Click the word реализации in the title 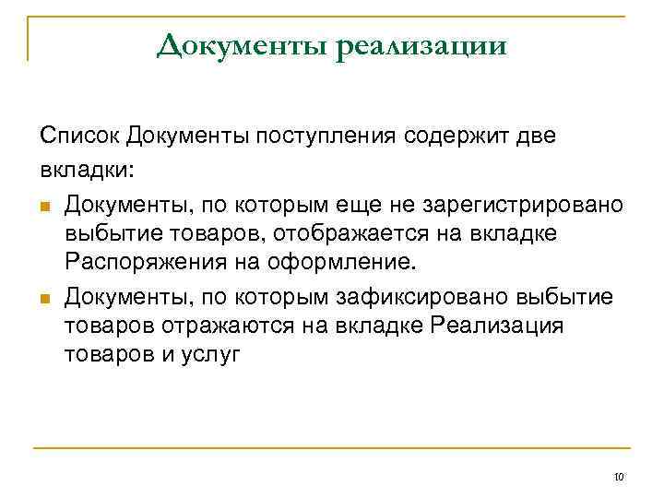[421, 45]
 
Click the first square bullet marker [45, 203]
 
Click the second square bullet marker [45, 296]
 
